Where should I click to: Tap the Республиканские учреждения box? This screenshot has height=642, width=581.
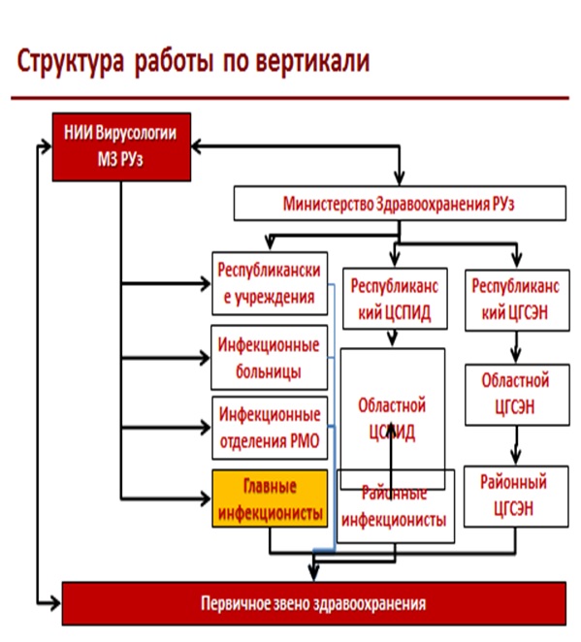tap(269, 283)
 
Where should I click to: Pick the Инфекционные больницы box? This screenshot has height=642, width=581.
tap(269, 357)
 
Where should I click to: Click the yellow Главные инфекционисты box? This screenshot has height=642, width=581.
tap(269, 498)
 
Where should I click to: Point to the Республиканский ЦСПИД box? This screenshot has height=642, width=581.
tap(393, 298)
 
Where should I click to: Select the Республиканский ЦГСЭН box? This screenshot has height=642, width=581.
tap(514, 298)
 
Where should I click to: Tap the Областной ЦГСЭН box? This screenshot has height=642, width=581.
tap(514, 394)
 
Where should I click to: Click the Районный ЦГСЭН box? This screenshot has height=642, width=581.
tap(514, 495)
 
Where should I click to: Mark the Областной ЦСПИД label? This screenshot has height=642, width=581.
tap(392, 417)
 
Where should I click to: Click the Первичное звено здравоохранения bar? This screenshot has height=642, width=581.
tap(313, 603)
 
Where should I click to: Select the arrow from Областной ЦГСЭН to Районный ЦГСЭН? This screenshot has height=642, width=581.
tap(514, 446)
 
